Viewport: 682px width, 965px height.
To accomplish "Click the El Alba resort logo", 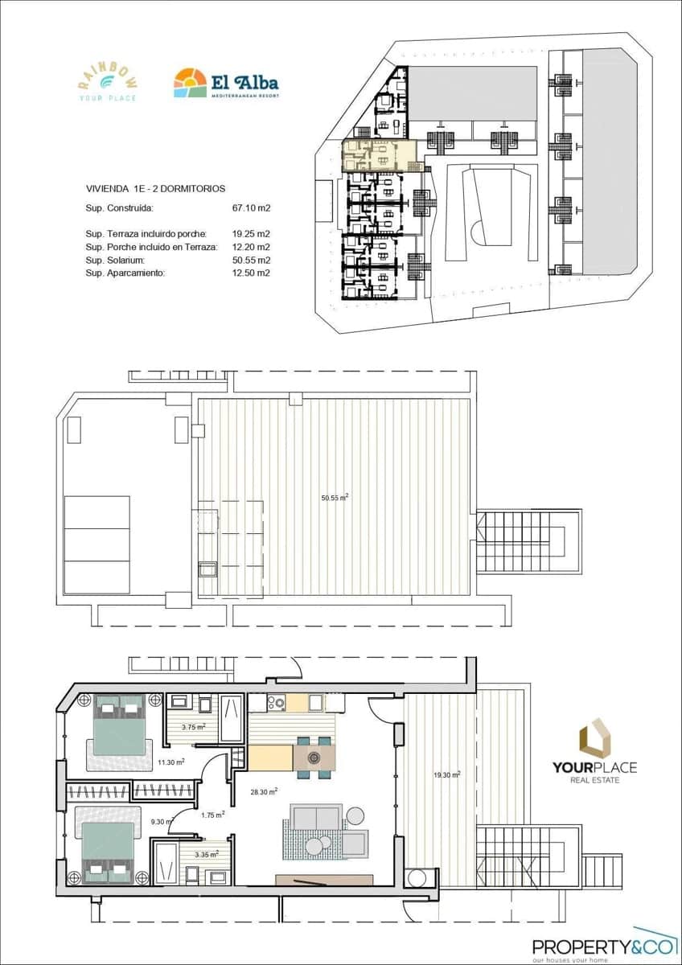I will [226, 84].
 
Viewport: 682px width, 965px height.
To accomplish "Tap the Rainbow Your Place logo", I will [107, 82].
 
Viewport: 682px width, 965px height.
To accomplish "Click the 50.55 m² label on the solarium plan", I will [334, 498].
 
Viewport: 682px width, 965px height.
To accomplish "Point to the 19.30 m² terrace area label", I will [446, 775].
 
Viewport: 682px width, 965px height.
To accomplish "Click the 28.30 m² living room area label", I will [264, 791].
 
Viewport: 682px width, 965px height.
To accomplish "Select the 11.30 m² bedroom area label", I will [170, 762].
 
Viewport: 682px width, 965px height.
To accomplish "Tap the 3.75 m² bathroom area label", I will [194, 727].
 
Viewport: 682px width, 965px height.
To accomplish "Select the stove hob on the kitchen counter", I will [277, 703].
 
